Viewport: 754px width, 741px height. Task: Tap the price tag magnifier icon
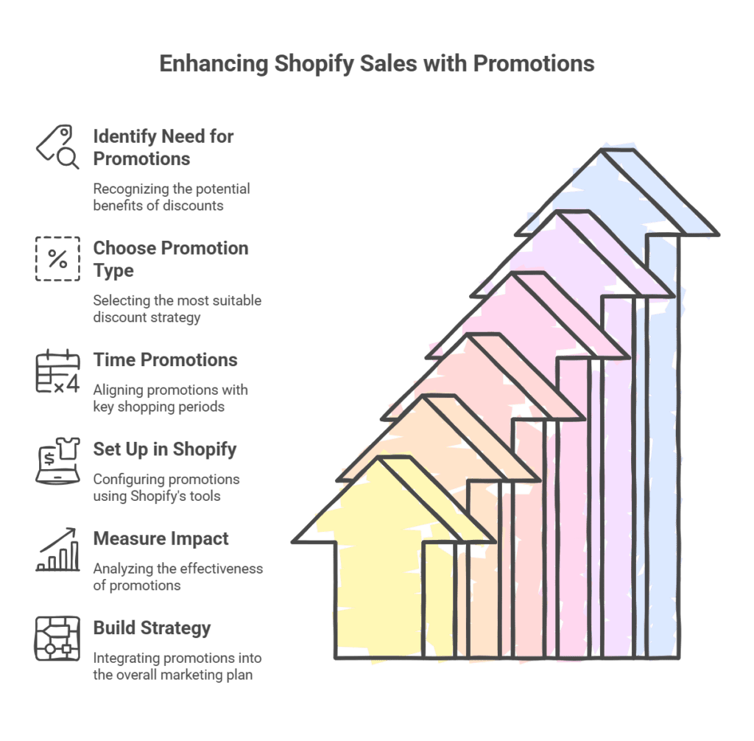(x=57, y=147)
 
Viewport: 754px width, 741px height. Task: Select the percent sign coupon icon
(x=57, y=259)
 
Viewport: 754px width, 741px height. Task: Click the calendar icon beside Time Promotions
(x=57, y=371)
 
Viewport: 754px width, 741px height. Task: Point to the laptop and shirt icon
(x=57, y=460)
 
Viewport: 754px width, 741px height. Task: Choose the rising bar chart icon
(x=57, y=549)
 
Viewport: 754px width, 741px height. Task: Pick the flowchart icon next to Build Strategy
(x=57, y=639)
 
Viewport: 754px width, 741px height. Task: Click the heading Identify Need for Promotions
(x=163, y=147)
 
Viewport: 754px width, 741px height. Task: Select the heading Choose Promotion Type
(x=170, y=259)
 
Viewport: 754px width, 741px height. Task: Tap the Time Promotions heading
(x=165, y=360)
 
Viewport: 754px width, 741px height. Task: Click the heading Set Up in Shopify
(x=164, y=449)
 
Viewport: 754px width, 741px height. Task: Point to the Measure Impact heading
(x=161, y=538)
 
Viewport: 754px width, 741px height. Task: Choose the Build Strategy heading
(x=152, y=628)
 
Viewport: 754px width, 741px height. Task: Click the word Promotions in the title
(x=533, y=64)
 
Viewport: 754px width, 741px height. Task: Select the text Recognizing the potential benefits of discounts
(x=171, y=197)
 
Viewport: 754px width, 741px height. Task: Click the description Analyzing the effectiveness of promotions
(x=177, y=577)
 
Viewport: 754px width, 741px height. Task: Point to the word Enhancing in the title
(x=214, y=64)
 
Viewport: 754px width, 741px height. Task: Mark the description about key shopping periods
(x=170, y=398)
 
